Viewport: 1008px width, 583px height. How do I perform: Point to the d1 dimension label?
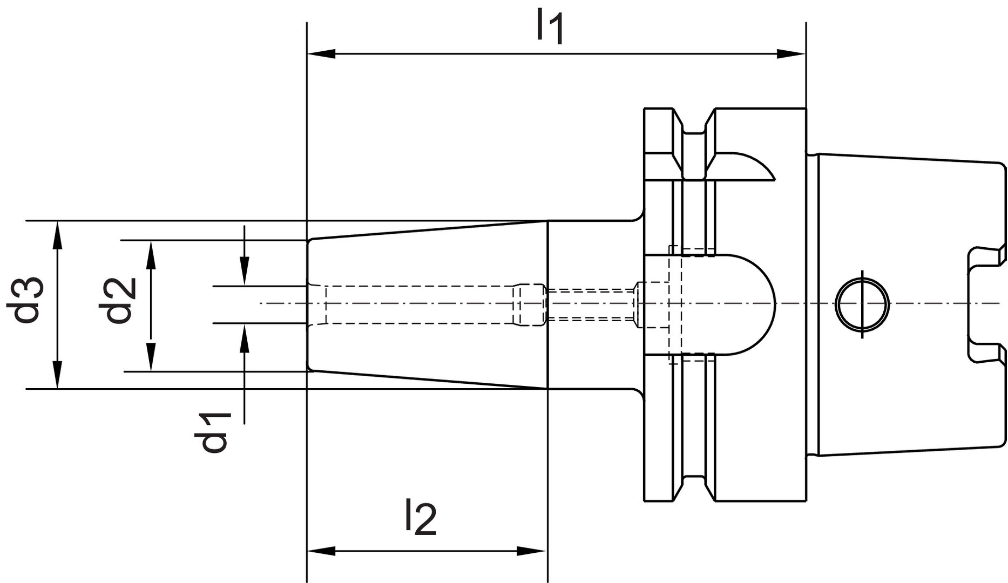213,432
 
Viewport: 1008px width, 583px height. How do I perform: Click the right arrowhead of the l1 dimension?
791,54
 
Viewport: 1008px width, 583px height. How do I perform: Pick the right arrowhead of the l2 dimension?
532,551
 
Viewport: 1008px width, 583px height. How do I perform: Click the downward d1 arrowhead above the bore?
245,273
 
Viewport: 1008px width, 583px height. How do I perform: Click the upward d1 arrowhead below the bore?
245,337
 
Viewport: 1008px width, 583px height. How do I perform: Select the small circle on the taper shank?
862,304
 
